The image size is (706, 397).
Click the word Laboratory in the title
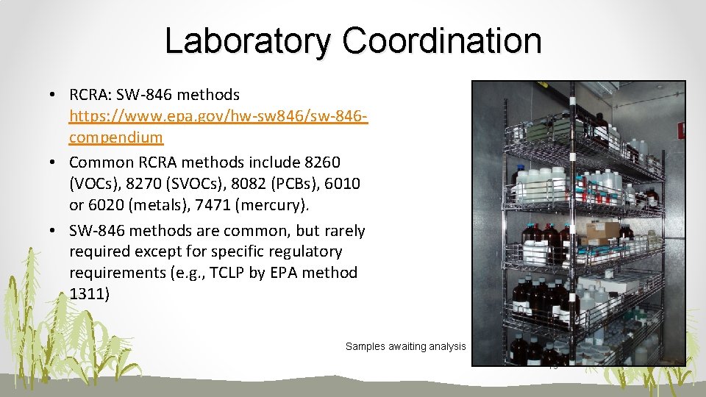coord(248,40)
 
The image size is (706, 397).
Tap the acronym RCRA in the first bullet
coord(88,95)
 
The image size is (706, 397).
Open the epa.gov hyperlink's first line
coord(218,116)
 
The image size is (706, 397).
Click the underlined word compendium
coord(116,137)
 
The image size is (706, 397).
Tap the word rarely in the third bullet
coord(342,231)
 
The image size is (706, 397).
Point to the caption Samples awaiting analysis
coord(406,346)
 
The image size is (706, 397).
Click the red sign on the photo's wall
coord(682,132)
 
